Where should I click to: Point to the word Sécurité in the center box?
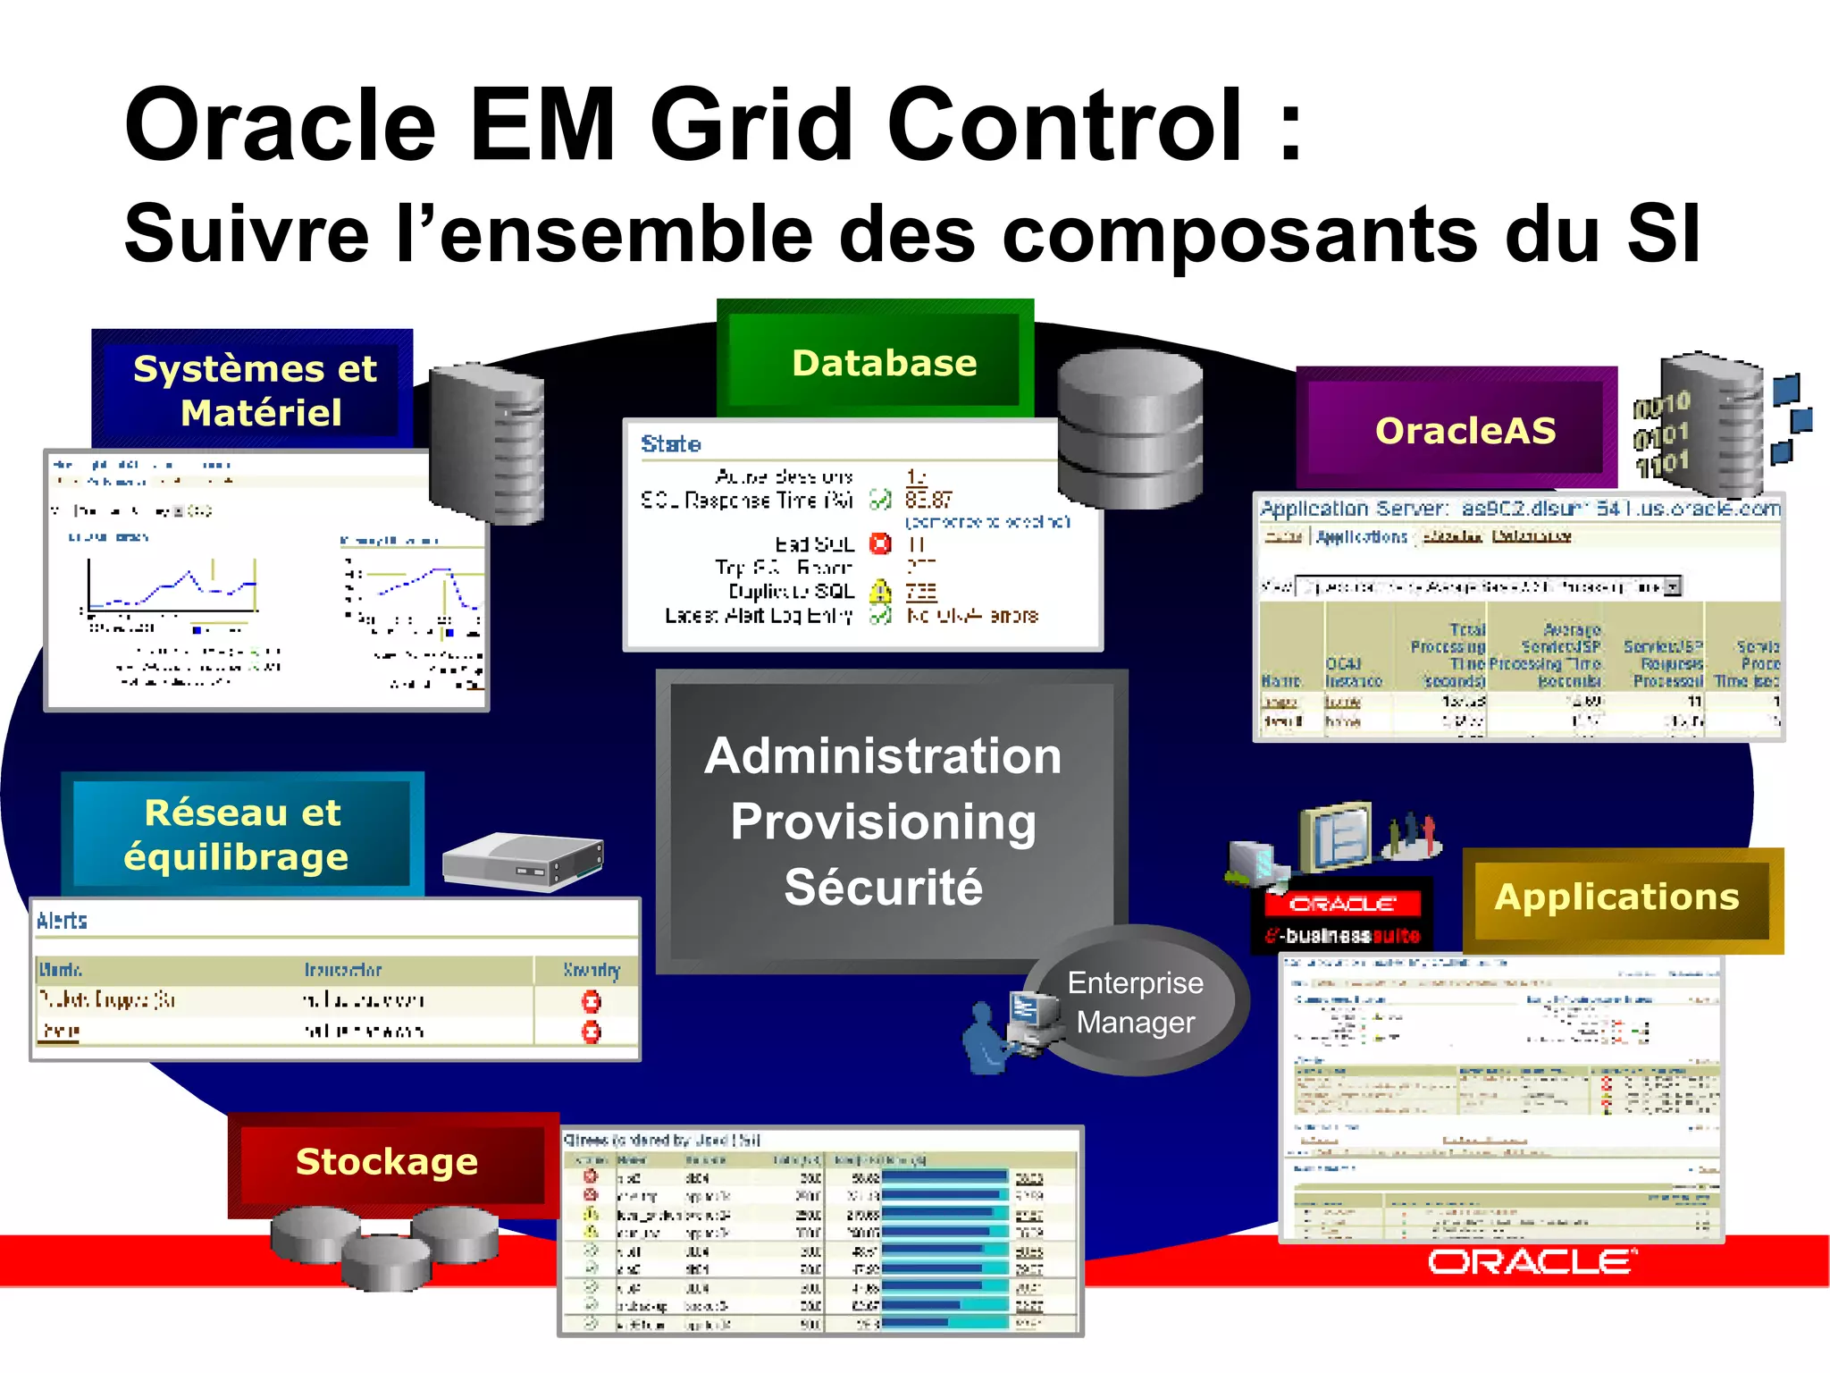point(883,887)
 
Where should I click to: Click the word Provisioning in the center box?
point(883,821)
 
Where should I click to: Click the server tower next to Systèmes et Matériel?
point(487,442)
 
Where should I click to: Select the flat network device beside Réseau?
point(524,861)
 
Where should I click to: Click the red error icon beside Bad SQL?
point(880,543)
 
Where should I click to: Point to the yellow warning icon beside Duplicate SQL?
point(880,592)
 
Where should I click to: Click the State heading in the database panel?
point(670,444)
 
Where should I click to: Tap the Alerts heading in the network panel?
point(62,921)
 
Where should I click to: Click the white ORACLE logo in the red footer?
point(1532,1262)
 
